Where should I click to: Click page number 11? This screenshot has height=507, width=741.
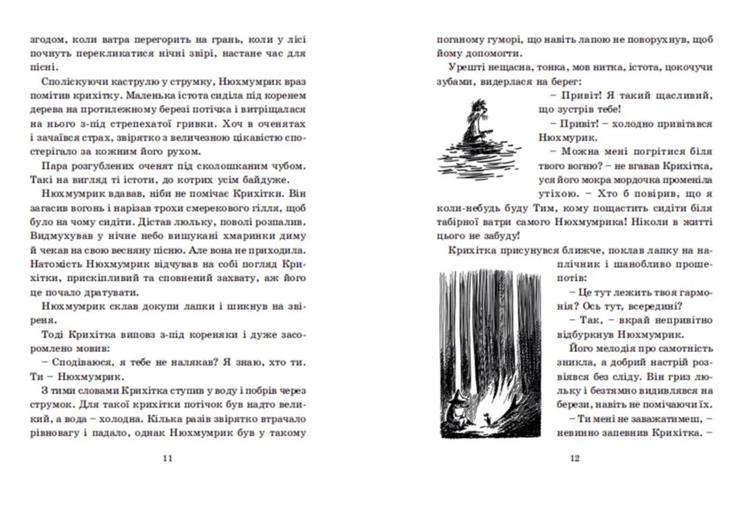pyautogui.click(x=168, y=458)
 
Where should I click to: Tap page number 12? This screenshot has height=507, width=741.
pyautogui.click(x=574, y=458)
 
